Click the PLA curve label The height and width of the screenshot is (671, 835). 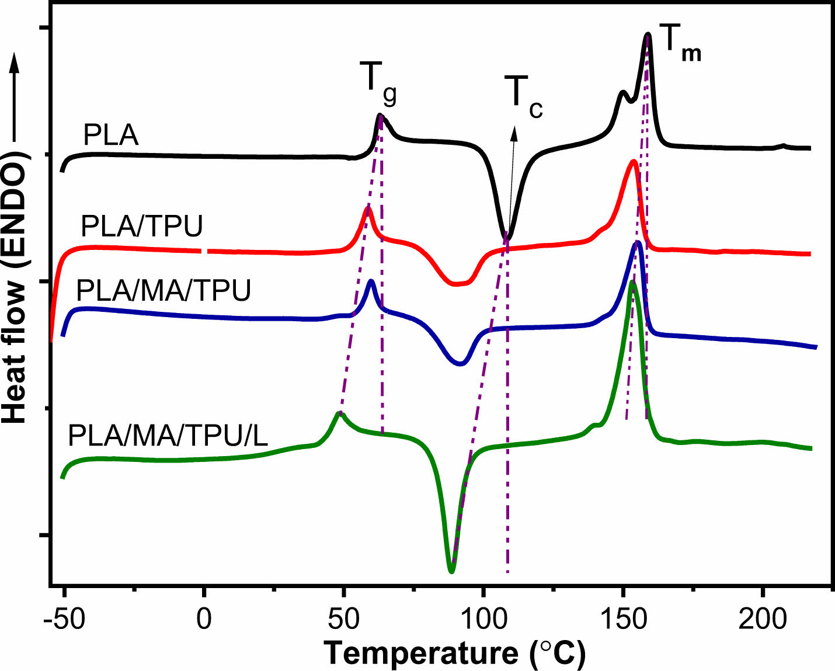pos(111,135)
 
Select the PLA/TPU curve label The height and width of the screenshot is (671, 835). pos(142,226)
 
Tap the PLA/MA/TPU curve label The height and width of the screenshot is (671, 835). pos(164,290)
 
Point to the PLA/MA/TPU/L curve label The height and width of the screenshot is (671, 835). pos(168,435)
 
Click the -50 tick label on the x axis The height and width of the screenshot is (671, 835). pos(64,619)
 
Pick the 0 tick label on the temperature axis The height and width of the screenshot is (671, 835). pos(204,619)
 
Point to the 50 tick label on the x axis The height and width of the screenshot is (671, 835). pos(343,619)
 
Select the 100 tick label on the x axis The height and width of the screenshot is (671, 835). pos(483,619)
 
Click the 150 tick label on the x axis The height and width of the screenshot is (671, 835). pos(623,619)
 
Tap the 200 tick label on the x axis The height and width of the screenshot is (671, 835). pos(763,619)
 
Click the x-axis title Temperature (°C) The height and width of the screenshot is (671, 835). pos(454,653)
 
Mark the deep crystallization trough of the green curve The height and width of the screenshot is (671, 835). pos(451,569)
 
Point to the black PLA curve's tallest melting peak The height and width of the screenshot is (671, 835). pos(648,36)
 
